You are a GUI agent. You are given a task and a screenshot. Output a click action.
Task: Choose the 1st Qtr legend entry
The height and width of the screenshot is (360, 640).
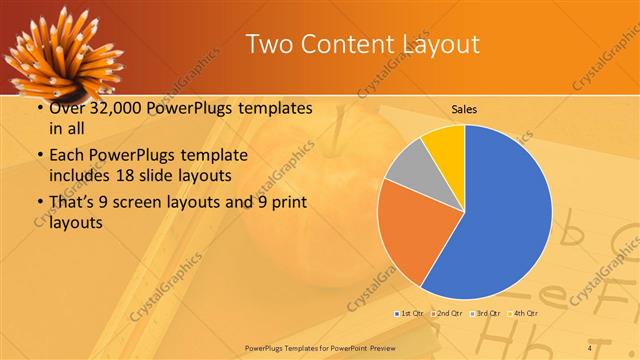pos(411,314)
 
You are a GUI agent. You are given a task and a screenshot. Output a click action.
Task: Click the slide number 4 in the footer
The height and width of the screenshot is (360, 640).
pos(589,347)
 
